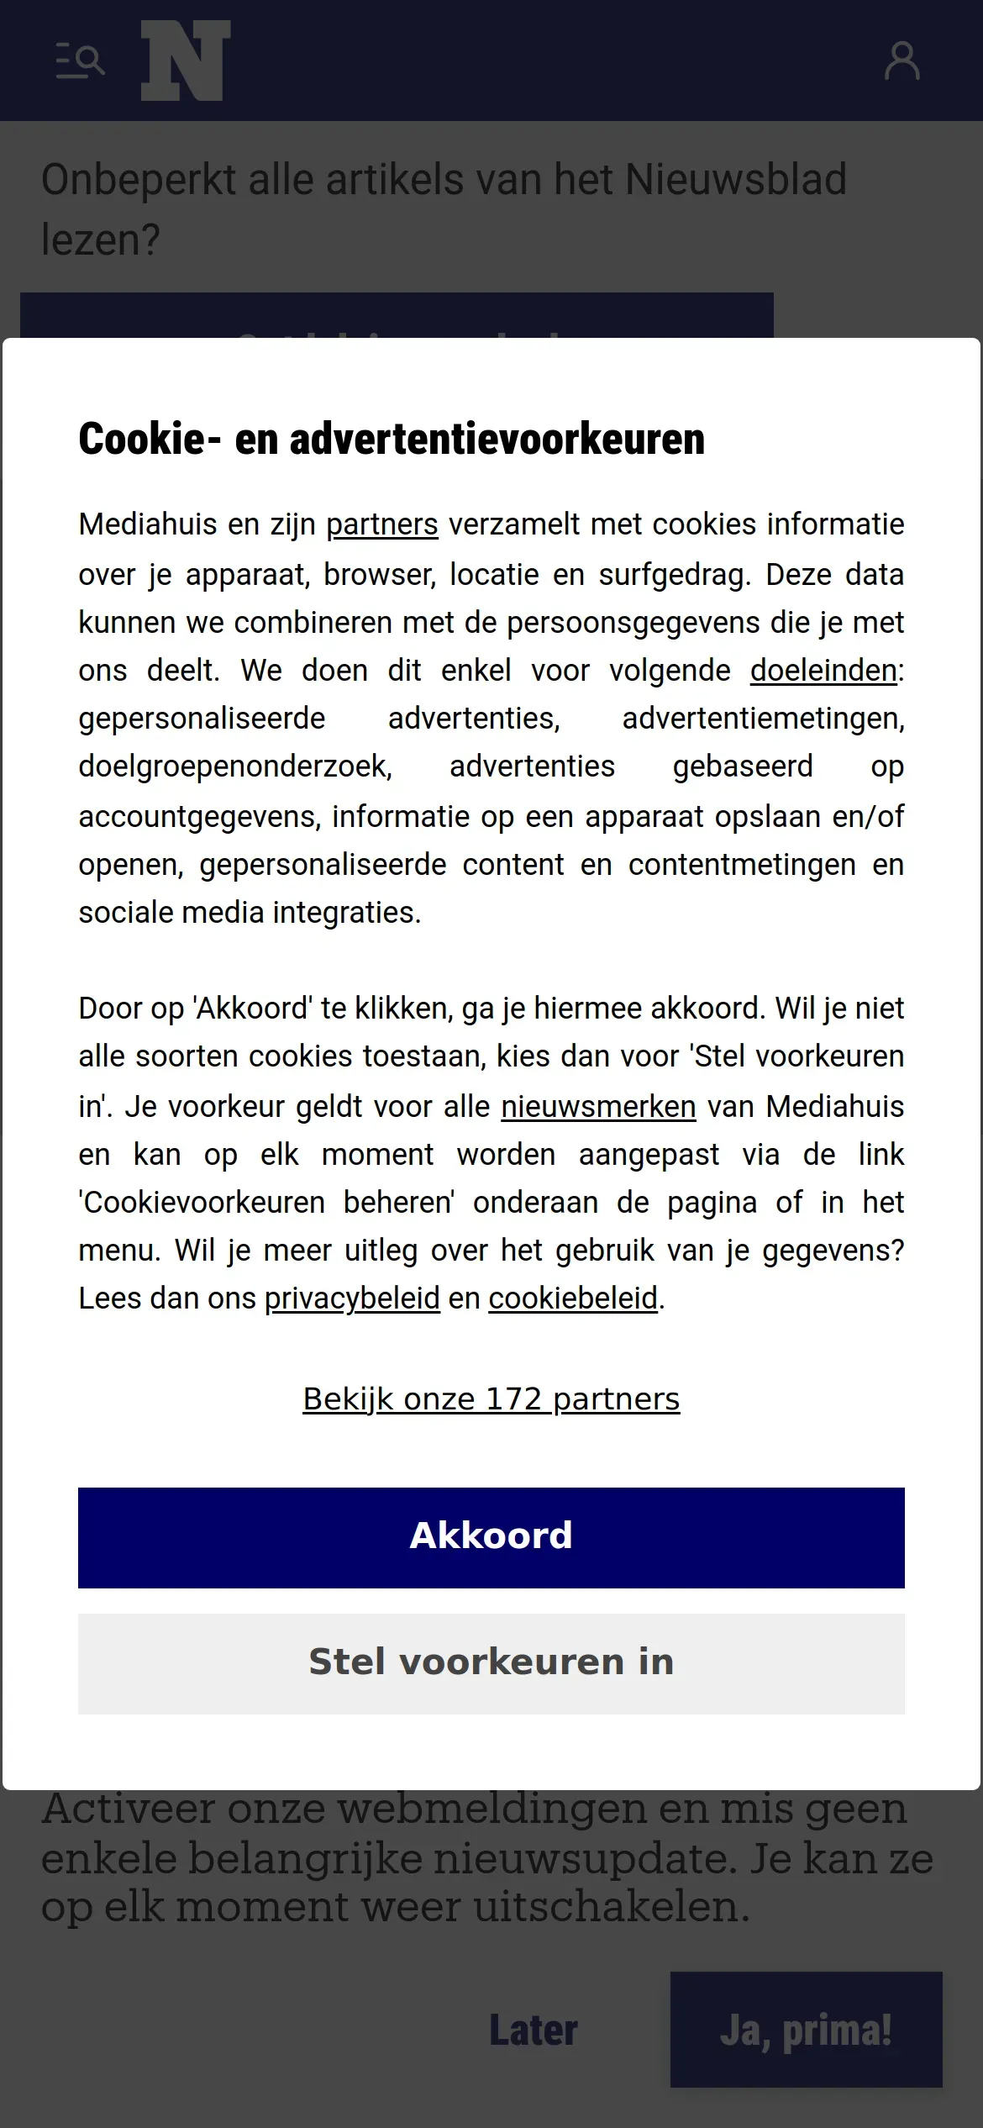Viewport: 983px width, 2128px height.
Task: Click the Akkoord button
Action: tap(491, 1537)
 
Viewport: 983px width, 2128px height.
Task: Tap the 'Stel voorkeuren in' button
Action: tap(491, 1663)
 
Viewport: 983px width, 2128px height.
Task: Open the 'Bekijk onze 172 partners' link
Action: tap(491, 1399)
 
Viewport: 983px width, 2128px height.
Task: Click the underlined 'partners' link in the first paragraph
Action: tap(381, 524)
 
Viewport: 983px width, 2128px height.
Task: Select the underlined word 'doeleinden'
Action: tap(823, 671)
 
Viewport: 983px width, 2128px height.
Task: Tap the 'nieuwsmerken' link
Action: tap(598, 1107)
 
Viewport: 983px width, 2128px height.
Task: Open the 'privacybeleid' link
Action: tap(352, 1298)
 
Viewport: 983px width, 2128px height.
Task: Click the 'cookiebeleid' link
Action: tap(573, 1298)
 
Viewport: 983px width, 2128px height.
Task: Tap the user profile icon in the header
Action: tap(902, 61)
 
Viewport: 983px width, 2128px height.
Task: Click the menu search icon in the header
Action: tap(80, 61)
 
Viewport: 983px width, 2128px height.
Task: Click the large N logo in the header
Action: tap(186, 61)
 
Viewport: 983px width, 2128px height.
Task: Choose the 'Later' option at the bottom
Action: tap(534, 2031)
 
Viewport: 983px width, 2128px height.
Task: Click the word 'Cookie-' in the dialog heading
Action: tap(142, 439)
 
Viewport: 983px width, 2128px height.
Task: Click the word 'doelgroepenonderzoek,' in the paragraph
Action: tap(235, 766)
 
